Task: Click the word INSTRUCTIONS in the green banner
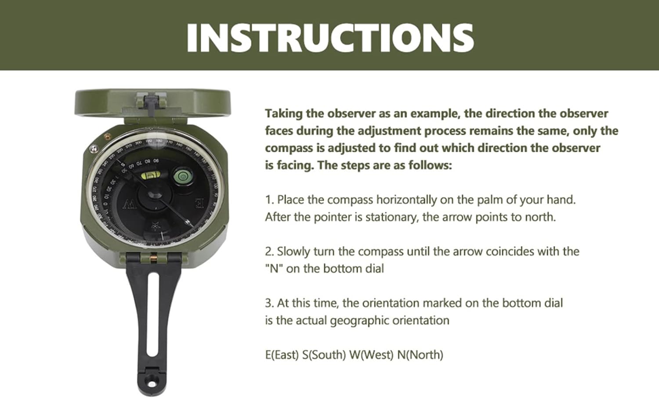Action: pyautogui.click(x=330, y=38)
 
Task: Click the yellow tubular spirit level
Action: pyautogui.click(x=151, y=176)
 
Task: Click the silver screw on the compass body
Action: pyautogui.click(x=94, y=149)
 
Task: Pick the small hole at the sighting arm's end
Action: pyautogui.click(x=152, y=384)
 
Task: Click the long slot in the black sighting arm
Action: pyautogui.click(x=153, y=315)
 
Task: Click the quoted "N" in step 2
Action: pyautogui.click(x=274, y=269)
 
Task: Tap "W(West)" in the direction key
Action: pyautogui.click(x=371, y=355)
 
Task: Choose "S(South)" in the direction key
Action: pyautogui.click(x=324, y=355)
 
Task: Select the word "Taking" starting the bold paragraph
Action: pyautogui.click(x=284, y=114)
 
